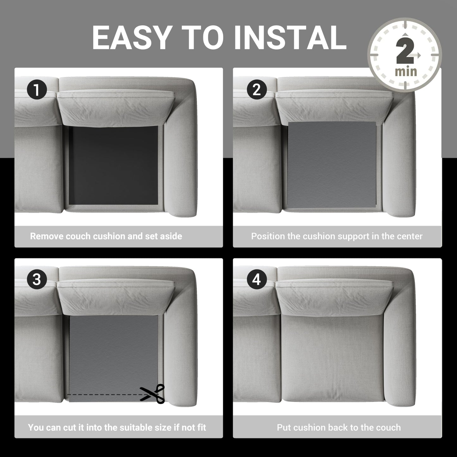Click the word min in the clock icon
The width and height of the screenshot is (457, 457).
(406, 72)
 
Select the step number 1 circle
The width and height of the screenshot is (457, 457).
(37, 90)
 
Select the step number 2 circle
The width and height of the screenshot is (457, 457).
(256, 90)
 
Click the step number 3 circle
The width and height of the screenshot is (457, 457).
(37, 279)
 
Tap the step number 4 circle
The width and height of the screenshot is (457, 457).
(256, 279)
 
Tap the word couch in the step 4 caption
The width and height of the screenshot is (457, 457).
(388, 428)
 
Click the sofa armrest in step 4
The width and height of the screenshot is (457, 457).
(400, 342)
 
